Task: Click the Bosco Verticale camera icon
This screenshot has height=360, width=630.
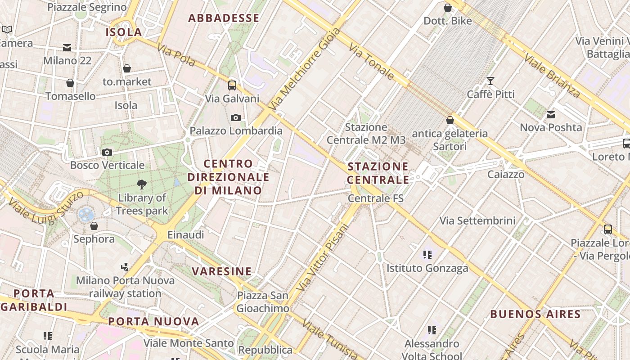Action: [x=107, y=152]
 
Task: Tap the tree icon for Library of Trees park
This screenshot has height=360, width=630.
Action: [x=142, y=184]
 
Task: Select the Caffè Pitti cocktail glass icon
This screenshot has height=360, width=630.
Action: [x=490, y=81]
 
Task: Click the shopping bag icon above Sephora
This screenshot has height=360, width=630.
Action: [x=94, y=225]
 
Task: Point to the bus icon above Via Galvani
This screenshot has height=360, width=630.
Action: [x=232, y=85]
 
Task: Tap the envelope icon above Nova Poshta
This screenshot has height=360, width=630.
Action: [x=551, y=115]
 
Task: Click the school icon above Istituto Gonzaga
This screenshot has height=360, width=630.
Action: [x=427, y=255]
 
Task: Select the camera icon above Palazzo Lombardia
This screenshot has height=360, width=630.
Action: [x=236, y=117]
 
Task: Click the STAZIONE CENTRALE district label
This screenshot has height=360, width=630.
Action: [x=378, y=173]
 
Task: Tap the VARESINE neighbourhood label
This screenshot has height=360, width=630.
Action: [x=222, y=271]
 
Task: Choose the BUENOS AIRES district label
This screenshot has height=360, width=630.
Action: [x=535, y=314]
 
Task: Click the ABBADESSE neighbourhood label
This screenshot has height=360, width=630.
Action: [x=224, y=18]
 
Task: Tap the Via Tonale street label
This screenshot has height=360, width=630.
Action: [x=371, y=62]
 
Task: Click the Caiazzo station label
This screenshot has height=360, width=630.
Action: [x=506, y=174]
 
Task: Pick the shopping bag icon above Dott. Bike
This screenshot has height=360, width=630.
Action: [x=448, y=8]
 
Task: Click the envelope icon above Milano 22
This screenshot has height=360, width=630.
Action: [x=67, y=47]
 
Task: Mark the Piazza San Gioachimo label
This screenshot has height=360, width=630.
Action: [x=263, y=302]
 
